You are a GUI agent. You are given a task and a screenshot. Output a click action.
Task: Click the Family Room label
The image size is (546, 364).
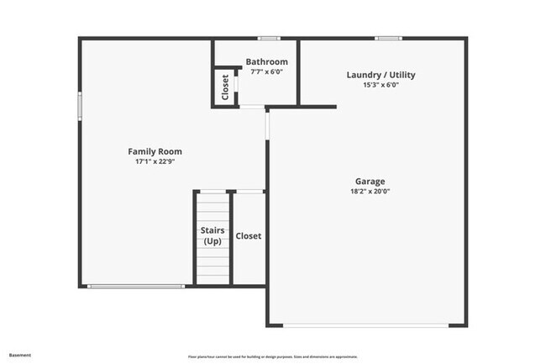tap(155, 151)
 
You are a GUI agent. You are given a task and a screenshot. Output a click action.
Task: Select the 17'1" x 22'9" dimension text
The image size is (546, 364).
tap(155, 161)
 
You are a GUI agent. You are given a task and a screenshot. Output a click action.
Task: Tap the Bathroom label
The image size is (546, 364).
tap(266, 61)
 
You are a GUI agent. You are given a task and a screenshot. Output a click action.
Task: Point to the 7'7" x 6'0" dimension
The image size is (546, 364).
tap(266, 71)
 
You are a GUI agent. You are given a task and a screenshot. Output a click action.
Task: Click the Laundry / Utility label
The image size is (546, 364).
tap(381, 75)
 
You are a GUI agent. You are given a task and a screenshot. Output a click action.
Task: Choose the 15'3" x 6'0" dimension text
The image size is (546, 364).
tap(381, 85)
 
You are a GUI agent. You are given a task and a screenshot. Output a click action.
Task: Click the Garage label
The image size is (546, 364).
tap(370, 181)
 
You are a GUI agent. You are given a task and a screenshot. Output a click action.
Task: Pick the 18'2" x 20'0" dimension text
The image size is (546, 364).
tap(370, 191)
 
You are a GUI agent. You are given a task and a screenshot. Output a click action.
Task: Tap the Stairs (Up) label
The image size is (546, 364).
tap(212, 235)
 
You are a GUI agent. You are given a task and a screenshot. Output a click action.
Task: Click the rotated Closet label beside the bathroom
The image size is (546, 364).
tap(225, 87)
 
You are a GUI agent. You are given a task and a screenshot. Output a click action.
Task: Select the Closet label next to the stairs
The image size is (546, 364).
tap(248, 236)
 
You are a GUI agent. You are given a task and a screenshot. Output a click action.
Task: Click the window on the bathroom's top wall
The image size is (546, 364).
tap(269, 38)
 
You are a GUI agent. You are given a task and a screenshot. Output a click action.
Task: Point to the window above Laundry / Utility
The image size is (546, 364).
tap(387, 38)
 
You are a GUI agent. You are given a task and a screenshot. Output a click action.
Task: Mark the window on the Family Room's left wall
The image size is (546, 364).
tap(80, 108)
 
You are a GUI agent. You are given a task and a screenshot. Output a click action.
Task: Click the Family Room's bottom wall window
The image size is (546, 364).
tap(136, 287)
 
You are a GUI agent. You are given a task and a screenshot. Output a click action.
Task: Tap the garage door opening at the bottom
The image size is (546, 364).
tap(367, 325)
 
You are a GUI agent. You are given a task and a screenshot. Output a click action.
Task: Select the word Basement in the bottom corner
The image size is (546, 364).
tap(19, 355)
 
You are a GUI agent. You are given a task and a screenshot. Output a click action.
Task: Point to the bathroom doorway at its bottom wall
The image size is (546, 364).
tap(252, 107)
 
